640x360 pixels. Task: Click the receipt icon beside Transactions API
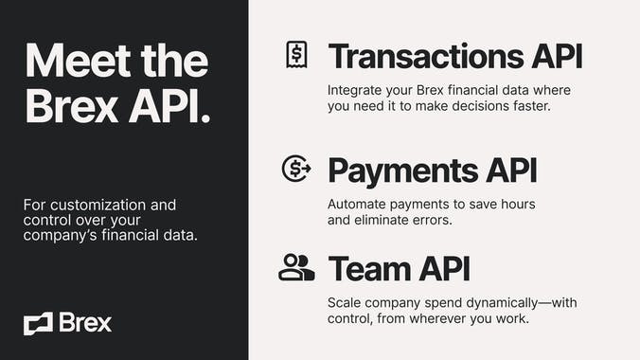[296, 55]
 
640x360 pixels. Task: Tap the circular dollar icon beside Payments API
[296, 169]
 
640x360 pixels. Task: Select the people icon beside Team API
[296, 268]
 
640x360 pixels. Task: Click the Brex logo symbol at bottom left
[38, 323]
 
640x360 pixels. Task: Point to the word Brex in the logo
[84, 322]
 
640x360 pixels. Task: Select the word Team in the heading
[369, 268]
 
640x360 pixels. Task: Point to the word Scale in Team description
[346, 302]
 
